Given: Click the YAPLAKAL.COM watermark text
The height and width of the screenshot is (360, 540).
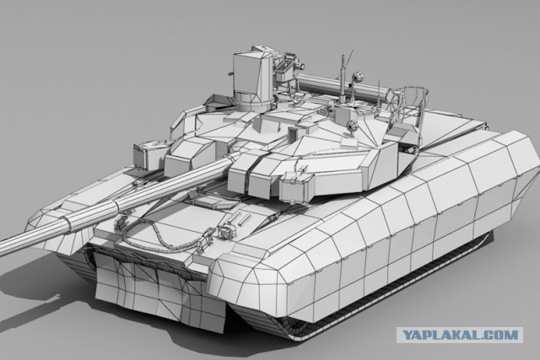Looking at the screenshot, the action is point(460,335).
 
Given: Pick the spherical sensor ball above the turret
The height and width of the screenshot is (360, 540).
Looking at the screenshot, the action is point(359,77).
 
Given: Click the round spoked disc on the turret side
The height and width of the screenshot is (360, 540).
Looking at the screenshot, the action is point(352,126).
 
